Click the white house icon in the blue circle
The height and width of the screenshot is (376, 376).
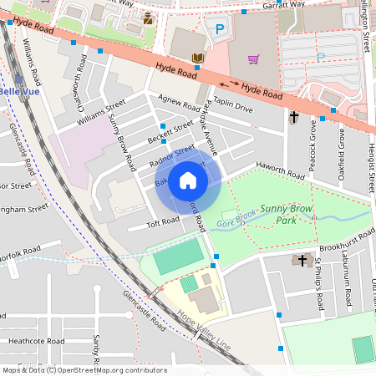[188, 180]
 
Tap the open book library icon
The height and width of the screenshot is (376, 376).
[197, 58]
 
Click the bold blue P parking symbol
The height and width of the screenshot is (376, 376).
[220, 28]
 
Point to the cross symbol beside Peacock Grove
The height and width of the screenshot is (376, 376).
[293, 118]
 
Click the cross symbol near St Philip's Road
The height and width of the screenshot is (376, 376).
[302, 261]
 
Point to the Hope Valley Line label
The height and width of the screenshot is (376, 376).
[204, 331]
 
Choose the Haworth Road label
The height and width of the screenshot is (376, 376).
[280, 171]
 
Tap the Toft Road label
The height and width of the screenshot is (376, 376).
[163, 221]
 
